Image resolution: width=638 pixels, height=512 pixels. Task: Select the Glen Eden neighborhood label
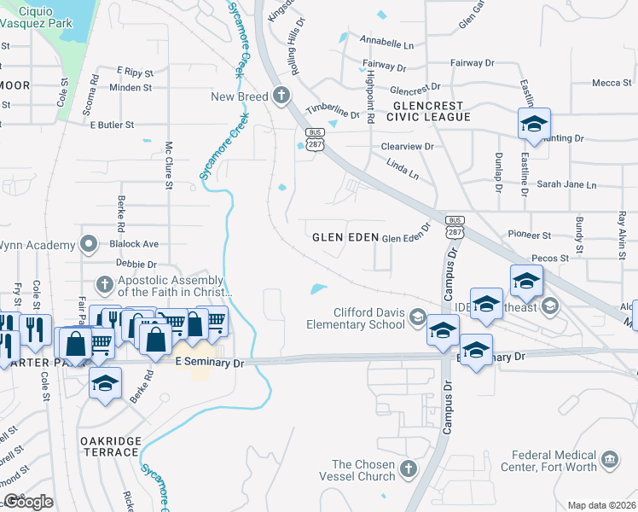344,237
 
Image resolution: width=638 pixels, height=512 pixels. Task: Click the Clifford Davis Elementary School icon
417,318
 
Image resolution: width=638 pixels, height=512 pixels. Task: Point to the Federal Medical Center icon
610,461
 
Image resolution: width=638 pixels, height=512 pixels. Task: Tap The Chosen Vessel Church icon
409,469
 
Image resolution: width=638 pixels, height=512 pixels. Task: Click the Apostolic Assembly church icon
104,284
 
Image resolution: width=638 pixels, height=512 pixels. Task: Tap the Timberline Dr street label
334,112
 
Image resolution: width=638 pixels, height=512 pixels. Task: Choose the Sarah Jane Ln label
566,184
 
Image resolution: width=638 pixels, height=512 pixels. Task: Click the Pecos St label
549,258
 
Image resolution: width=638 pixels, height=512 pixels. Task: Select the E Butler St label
112,125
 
